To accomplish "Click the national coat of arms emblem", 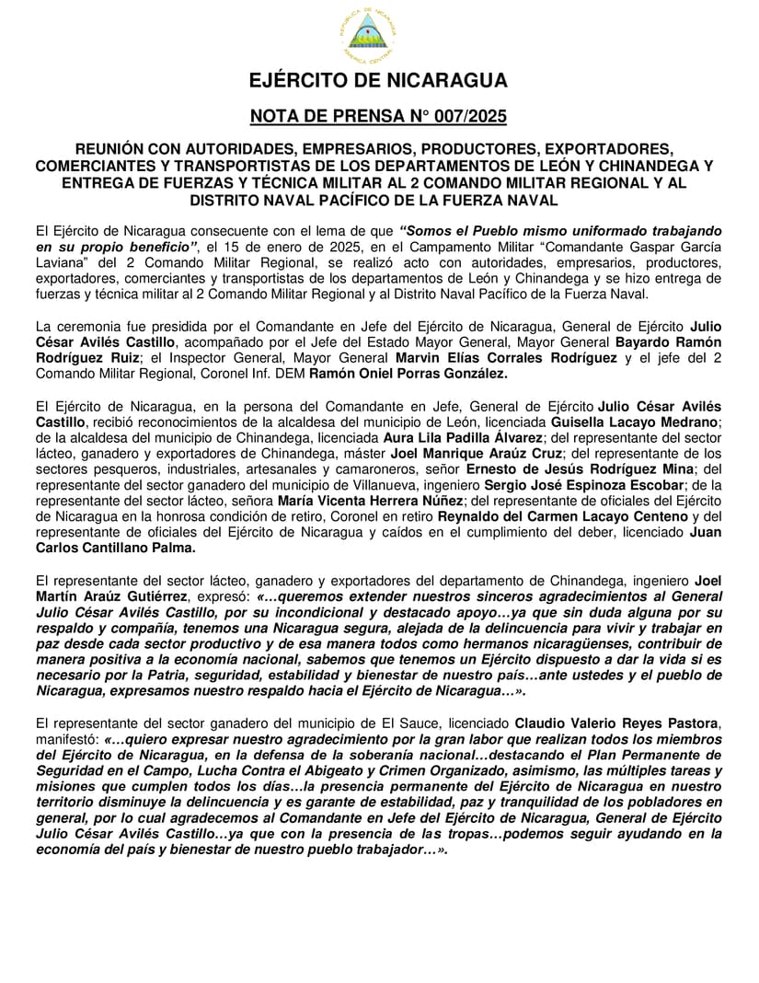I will coord(368,36).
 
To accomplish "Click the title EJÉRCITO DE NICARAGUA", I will coord(378,81).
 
